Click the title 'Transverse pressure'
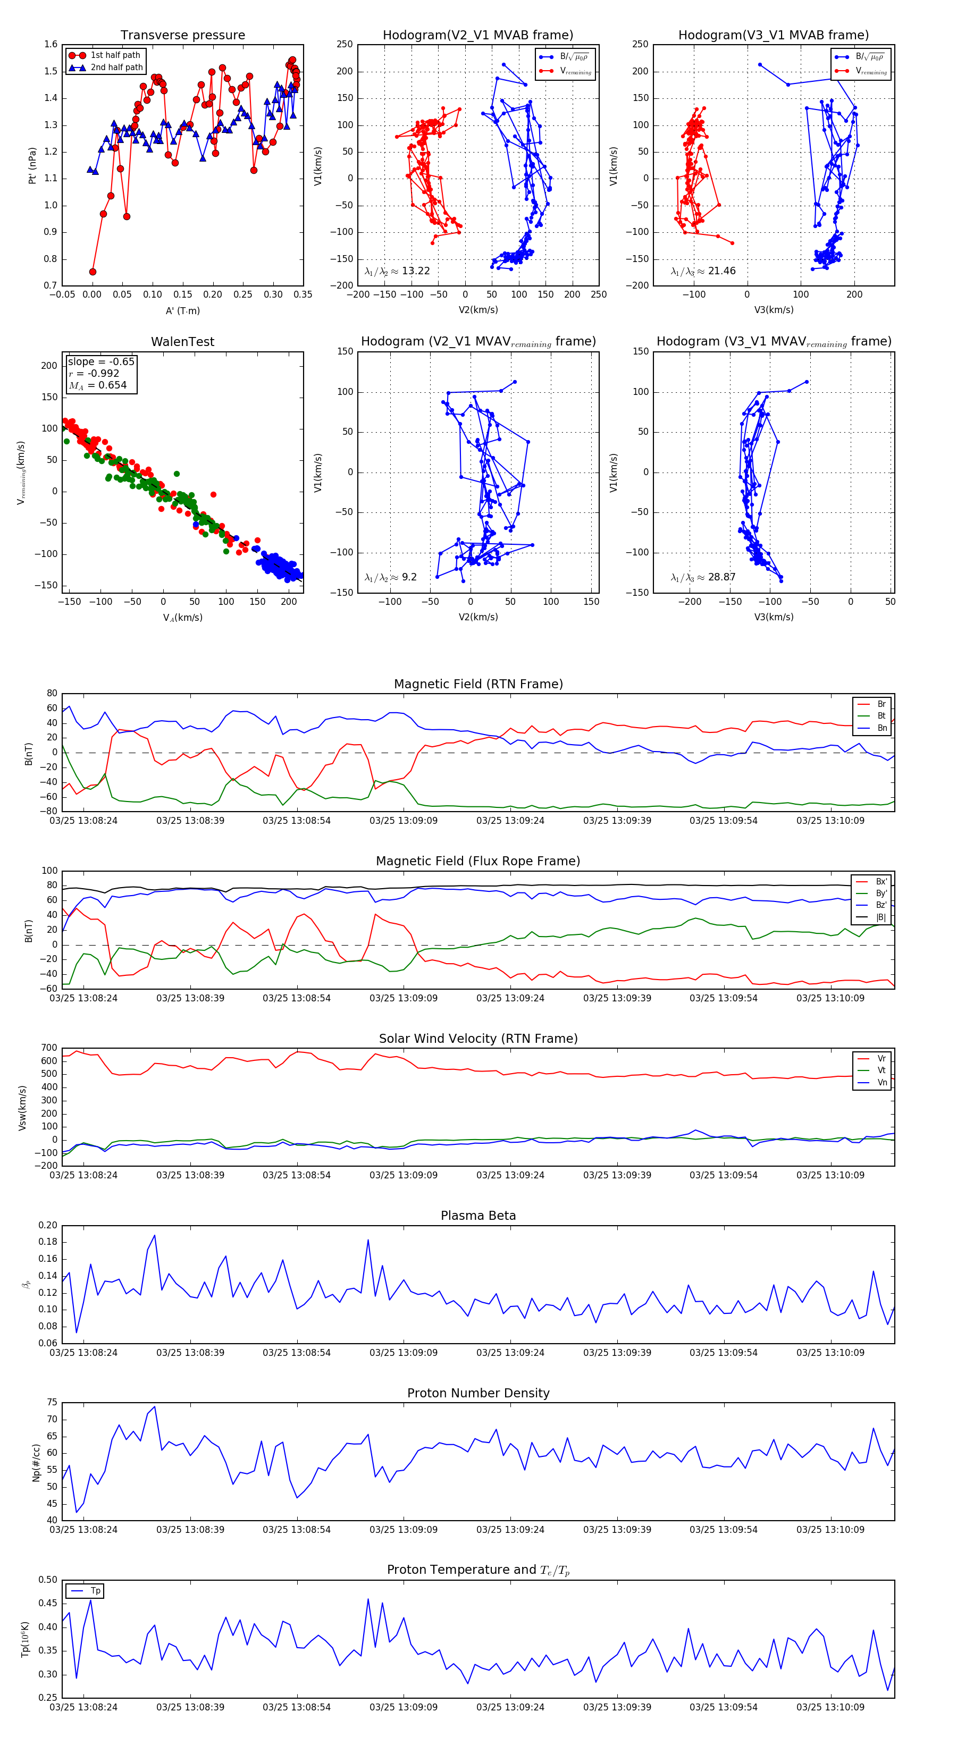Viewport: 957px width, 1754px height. point(182,36)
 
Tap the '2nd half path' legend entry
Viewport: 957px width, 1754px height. point(116,68)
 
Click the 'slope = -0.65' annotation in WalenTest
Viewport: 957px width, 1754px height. point(101,361)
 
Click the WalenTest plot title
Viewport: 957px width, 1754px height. point(182,342)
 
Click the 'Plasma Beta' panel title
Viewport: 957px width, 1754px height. point(478,1216)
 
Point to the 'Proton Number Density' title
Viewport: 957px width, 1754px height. point(478,1393)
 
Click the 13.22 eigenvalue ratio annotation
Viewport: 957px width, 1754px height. point(397,271)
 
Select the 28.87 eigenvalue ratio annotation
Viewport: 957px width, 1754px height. point(703,577)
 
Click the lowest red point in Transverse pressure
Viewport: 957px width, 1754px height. point(93,272)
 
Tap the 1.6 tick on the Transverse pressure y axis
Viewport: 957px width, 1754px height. point(51,44)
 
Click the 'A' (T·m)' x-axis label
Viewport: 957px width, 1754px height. point(182,310)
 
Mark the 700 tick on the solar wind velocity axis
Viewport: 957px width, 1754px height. point(49,1048)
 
